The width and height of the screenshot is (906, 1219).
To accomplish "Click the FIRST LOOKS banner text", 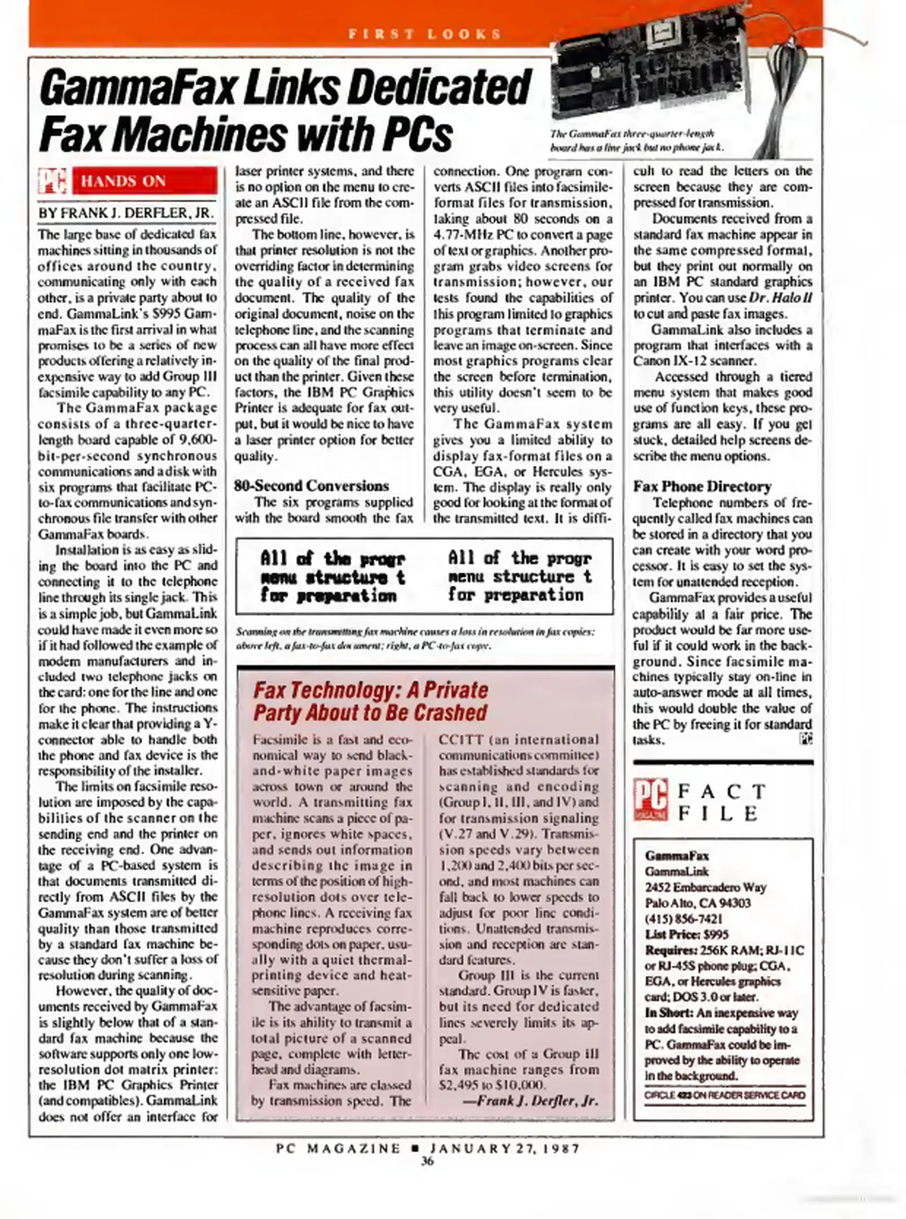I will [424, 34].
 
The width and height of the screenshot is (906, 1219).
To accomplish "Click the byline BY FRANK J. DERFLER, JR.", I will [126, 213].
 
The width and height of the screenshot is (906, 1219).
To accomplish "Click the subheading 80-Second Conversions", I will [312, 486].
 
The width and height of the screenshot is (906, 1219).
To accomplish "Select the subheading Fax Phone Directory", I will [702, 486].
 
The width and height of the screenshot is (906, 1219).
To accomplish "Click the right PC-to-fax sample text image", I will [519, 577].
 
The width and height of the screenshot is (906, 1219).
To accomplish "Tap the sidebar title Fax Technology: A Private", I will [370, 690].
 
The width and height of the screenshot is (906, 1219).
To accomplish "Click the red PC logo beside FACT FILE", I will [650, 799].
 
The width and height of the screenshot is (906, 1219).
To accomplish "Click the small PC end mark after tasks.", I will [806, 738].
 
